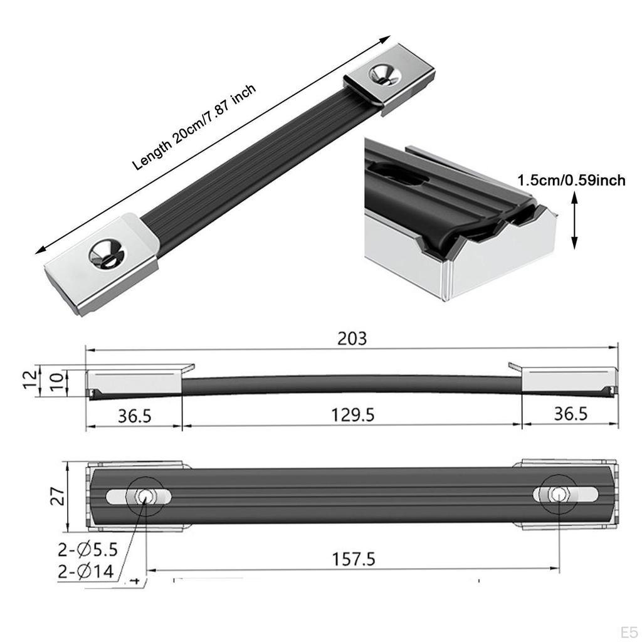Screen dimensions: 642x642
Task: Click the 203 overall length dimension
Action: click(352, 339)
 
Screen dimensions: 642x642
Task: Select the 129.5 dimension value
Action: click(352, 416)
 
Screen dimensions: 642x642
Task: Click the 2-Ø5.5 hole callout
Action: click(88, 550)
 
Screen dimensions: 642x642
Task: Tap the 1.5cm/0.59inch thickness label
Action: click(571, 181)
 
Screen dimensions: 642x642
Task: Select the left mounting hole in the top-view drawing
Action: click(144, 495)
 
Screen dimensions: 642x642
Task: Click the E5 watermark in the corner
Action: click(629, 629)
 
